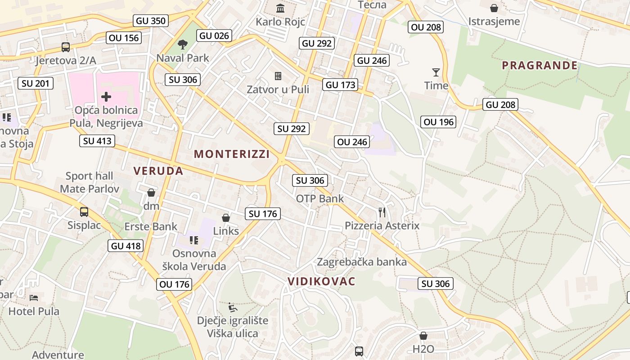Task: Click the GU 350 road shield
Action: pos(151,20)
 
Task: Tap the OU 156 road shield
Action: pos(124,38)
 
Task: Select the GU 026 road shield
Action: pos(214,36)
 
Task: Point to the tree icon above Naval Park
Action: pos(183,44)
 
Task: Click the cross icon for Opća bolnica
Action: pos(106,96)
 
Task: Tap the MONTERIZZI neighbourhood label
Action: pos(232,154)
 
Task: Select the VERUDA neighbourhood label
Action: pos(158,171)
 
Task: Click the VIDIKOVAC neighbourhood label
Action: pos(322,282)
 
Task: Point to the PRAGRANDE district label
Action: pos(540,65)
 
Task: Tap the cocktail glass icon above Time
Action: pos(436,72)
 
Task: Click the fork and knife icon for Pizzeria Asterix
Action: pos(382,212)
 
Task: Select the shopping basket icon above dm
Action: pos(151,193)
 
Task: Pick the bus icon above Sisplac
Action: pos(84,211)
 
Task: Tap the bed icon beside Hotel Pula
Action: pos(34,297)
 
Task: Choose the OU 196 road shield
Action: pos(439,121)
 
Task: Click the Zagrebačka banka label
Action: pos(362,262)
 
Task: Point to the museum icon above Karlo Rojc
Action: pos(280,8)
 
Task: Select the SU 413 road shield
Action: pos(97,141)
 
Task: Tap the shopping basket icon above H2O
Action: pos(423,336)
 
